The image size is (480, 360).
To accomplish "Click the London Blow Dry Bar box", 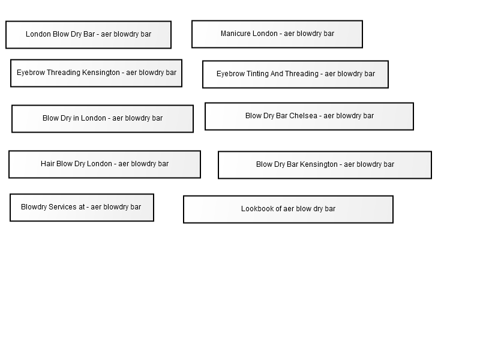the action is (88, 35).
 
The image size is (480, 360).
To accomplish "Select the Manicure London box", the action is (277, 34).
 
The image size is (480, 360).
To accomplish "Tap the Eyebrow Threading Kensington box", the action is (96, 73).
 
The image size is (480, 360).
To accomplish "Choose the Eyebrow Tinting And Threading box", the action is (295, 74).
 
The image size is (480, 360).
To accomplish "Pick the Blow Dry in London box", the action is (103, 119).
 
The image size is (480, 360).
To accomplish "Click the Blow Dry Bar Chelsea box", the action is (309, 116).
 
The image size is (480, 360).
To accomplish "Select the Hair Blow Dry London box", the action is (104, 164).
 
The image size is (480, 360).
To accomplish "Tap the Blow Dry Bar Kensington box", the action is (325, 165).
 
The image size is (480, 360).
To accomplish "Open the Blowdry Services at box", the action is (82, 208).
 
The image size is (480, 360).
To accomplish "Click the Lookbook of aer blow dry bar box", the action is (288, 209).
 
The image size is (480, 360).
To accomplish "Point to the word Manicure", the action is (234, 34).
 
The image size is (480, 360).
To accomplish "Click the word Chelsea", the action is (303, 116).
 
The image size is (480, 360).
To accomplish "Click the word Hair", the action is (47, 164).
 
